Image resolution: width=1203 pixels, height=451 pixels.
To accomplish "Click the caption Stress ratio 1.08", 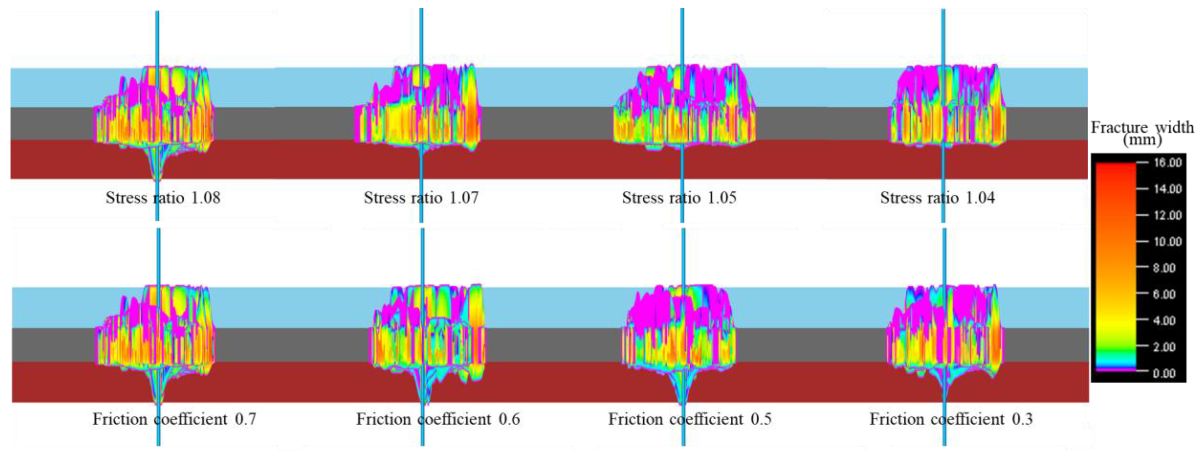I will pos(163,198).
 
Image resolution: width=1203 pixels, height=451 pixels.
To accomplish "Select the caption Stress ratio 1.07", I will pos(421,198).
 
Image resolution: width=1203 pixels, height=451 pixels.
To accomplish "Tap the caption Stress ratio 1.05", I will pos(679,198).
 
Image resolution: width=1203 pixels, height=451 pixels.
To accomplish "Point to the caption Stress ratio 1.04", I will pos(937,198).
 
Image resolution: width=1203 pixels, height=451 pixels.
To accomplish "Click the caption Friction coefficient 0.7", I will pos(174,419).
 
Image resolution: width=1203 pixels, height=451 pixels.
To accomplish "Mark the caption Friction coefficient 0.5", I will pos(689,419).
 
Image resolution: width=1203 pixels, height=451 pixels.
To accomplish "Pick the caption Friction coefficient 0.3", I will pos(951,419).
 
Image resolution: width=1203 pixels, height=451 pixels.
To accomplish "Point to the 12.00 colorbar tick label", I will pos(1167,215).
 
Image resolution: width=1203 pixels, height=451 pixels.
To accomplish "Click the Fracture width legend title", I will pos(1142,127).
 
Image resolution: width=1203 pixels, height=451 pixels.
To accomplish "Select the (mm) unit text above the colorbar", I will pos(1142,140).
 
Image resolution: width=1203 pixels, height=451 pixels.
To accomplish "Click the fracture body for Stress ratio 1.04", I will pos(948,112).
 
